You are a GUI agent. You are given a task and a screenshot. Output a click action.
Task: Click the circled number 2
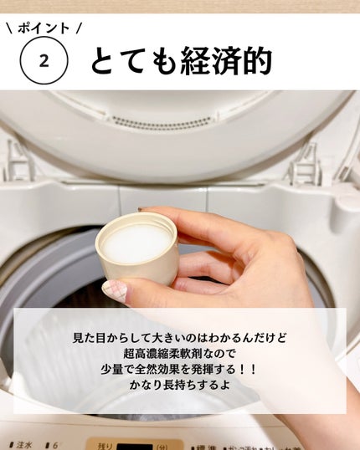(43, 60)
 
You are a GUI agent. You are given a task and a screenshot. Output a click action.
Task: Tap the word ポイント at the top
(43, 27)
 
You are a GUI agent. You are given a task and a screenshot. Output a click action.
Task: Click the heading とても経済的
(181, 60)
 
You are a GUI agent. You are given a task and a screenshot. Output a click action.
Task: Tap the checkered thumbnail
(115, 291)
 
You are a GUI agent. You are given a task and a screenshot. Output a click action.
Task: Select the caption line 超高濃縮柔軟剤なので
(179, 355)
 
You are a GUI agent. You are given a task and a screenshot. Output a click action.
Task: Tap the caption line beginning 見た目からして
(179, 338)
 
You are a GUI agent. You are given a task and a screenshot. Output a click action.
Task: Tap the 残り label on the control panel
(105, 445)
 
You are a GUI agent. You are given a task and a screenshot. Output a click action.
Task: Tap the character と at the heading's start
(105, 60)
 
